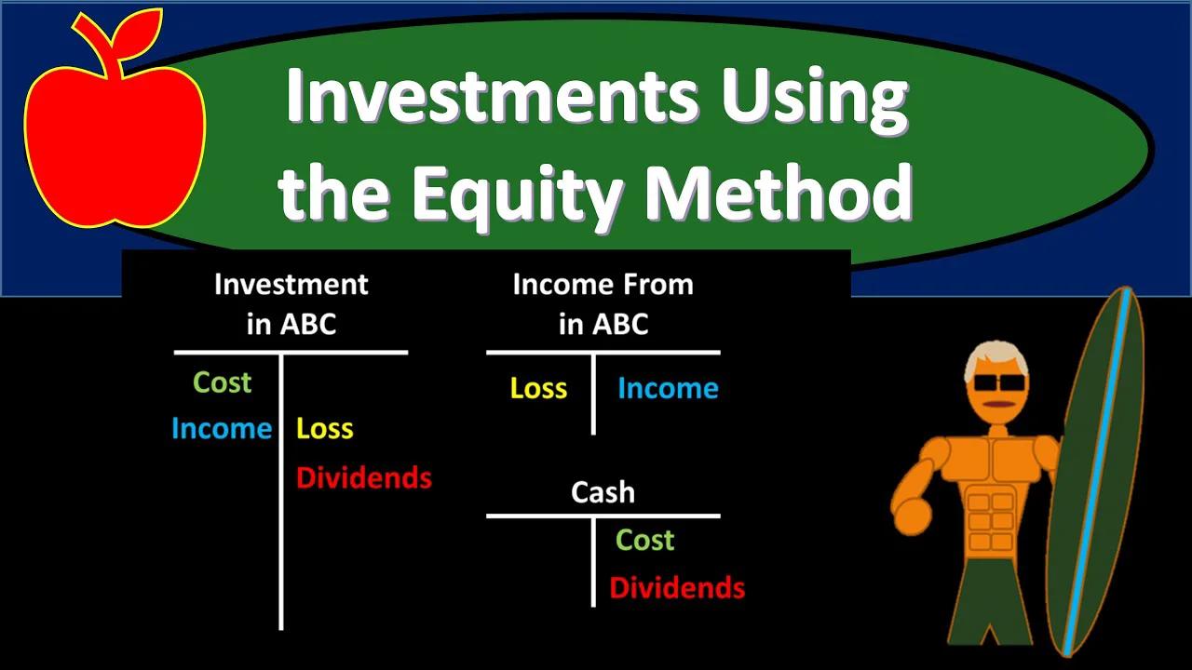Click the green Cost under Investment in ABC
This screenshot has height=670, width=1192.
[222, 382]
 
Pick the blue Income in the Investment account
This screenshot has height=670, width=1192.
[222, 429]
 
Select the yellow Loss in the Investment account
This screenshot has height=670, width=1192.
[325, 429]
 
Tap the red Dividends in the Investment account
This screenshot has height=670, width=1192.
[364, 478]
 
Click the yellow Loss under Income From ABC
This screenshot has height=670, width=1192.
[538, 388]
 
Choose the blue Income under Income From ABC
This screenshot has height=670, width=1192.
[668, 388]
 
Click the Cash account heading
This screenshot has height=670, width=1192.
[603, 492]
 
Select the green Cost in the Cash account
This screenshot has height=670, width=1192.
[644, 540]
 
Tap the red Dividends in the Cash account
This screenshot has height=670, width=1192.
[677, 588]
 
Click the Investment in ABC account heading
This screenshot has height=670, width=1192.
[291, 303]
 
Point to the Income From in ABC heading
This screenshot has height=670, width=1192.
[603, 303]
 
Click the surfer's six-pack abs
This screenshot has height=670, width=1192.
[990, 521]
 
